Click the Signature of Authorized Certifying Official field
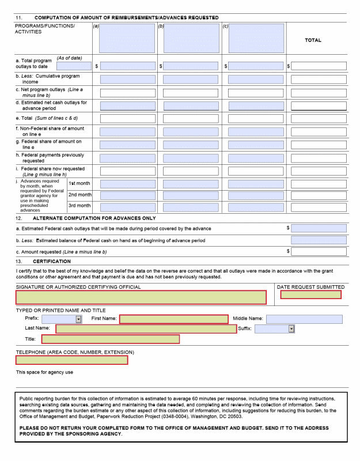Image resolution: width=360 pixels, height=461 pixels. coord(141,297)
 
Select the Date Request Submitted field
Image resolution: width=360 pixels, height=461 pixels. coord(310,295)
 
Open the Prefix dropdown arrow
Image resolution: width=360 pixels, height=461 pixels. coord(78,319)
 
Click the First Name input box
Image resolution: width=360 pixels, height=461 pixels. coord(174,319)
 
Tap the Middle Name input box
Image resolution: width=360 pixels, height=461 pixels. coord(304,319)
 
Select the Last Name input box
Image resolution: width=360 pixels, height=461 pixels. coord(146,329)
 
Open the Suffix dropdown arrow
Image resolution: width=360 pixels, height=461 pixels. coord(291,329)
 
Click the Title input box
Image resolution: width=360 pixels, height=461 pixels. coord(110,339)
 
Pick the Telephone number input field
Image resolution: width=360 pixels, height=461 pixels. coord(71,360)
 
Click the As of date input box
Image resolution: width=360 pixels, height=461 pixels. coord(74,66)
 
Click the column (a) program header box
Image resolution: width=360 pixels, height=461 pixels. coord(127,38)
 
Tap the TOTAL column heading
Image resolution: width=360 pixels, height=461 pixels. coord(313,40)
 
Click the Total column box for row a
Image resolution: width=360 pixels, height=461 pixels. coord(319,66)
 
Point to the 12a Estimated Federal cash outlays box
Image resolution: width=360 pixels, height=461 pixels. coord(319,229)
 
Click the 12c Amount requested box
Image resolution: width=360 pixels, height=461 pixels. coord(319,252)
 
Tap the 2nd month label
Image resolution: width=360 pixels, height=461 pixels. coord(79,195)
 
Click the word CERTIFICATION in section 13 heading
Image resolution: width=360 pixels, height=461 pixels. coord(56,262)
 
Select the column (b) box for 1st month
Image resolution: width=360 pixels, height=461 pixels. coord(191,184)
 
